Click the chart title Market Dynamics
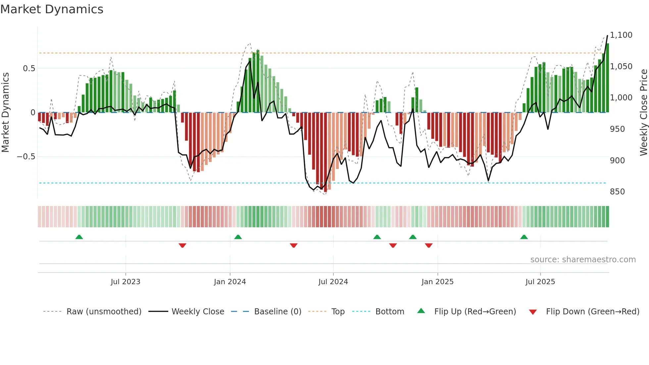(x=52, y=9)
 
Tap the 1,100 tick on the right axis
(x=621, y=35)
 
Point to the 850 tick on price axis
(x=617, y=191)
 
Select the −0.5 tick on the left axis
(x=26, y=156)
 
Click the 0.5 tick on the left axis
(x=29, y=68)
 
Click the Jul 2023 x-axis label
(x=125, y=282)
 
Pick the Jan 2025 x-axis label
(x=437, y=282)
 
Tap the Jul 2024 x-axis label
(x=333, y=282)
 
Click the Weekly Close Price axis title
(x=643, y=112)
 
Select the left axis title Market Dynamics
(x=5, y=112)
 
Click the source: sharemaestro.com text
(x=583, y=259)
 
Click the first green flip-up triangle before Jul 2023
(x=79, y=237)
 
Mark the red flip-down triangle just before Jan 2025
(x=429, y=245)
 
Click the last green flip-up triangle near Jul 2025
(x=524, y=237)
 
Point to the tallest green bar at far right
(x=607, y=78)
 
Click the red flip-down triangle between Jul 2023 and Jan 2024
(x=182, y=245)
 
